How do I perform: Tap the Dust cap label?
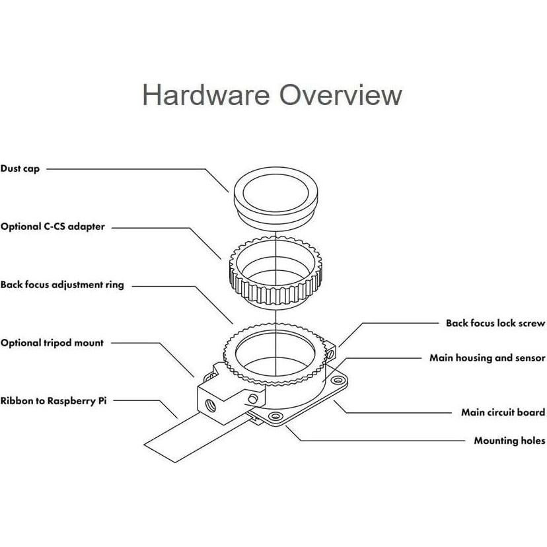(x=20, y=169)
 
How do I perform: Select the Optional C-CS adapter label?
(x=52, y=227)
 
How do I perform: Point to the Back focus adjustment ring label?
(x=62, y=285)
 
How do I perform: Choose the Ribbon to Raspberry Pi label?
(x=53, y=401)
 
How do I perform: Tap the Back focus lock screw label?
(x=495, y=324)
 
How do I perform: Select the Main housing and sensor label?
(x=487, y=358)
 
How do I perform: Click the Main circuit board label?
(x=503, y=413)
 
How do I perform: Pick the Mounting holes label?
(x=509, y=441)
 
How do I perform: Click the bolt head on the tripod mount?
(x=253, y=399)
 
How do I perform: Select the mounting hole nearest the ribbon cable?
(x=273, y=418)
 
